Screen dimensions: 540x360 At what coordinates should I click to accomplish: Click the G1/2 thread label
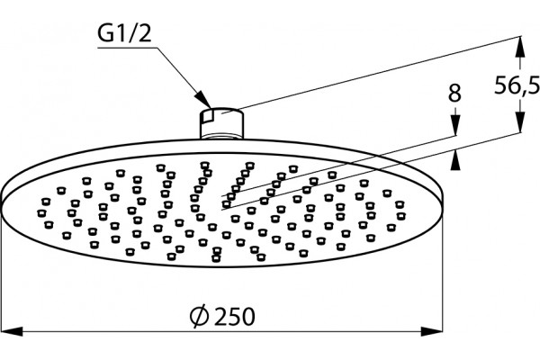[x=124, y=34]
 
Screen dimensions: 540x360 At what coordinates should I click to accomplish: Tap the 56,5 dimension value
[x=517, y=85]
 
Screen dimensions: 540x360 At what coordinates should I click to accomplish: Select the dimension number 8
[x=454, y=93]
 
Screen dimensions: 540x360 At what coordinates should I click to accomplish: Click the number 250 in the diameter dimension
[x=235, y=316]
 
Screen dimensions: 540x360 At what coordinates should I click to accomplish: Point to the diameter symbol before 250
[x=199, y=316]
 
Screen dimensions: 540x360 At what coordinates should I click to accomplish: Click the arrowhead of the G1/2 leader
[x=203, y=100]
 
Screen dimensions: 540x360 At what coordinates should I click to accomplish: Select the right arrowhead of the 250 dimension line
[x=431, y=332]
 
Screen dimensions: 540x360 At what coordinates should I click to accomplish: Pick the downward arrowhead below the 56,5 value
[x=520, y=121]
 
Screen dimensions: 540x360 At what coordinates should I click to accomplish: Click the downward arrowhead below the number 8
[x=455, y=125]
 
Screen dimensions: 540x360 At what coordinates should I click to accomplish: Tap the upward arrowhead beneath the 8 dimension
[x=455, y=159]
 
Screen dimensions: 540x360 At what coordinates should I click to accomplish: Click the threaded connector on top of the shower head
[x=222, y=123]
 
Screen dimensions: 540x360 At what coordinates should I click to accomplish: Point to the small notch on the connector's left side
[x=206, y=117]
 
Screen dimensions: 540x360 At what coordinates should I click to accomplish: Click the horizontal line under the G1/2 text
[x=128, y=48]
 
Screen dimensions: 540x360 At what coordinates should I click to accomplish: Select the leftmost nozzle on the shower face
[x=41, y=213]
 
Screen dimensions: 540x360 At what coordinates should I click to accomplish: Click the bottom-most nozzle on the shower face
[x=216, y=258]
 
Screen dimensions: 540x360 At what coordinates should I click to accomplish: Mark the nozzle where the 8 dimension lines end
[x=226, y=204]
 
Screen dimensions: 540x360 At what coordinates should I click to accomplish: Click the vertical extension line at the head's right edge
[x=442, y=265]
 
